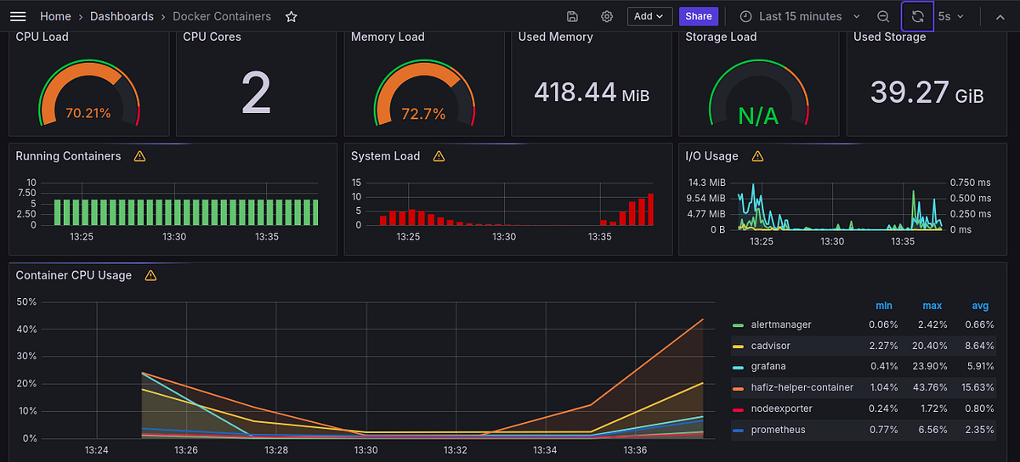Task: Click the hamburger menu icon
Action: [18, 16]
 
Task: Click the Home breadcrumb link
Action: [55, 16]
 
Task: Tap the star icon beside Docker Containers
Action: [292, 16]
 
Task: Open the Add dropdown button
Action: [649, 16]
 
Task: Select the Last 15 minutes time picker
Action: [800, 16]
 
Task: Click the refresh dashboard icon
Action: [917, 16]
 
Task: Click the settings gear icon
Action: [607, 16]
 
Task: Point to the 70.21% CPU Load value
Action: [88, 113]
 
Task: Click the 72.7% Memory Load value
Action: [423, 114]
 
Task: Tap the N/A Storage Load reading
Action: [757, 115]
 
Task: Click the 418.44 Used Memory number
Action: [575, 92]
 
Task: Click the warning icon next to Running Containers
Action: [139, 156]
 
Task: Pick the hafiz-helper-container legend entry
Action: [802, 387]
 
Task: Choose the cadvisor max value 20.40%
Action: [932, 346]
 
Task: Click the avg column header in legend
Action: [980, 306]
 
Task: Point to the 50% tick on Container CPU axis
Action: [26, 302]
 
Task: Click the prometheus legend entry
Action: [778, 430]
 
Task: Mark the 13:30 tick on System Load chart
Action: [504, 237]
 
